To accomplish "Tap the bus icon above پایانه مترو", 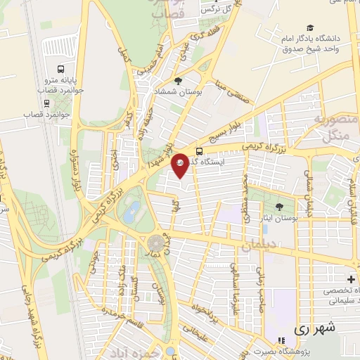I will pos(61,70).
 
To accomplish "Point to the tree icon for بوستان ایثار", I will pos(280,206).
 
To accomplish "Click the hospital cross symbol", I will pos(351,279).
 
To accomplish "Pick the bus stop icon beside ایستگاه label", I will pos(200,151).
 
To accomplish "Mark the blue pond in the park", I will pos(130,212).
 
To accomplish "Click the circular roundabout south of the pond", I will pos(156,243).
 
